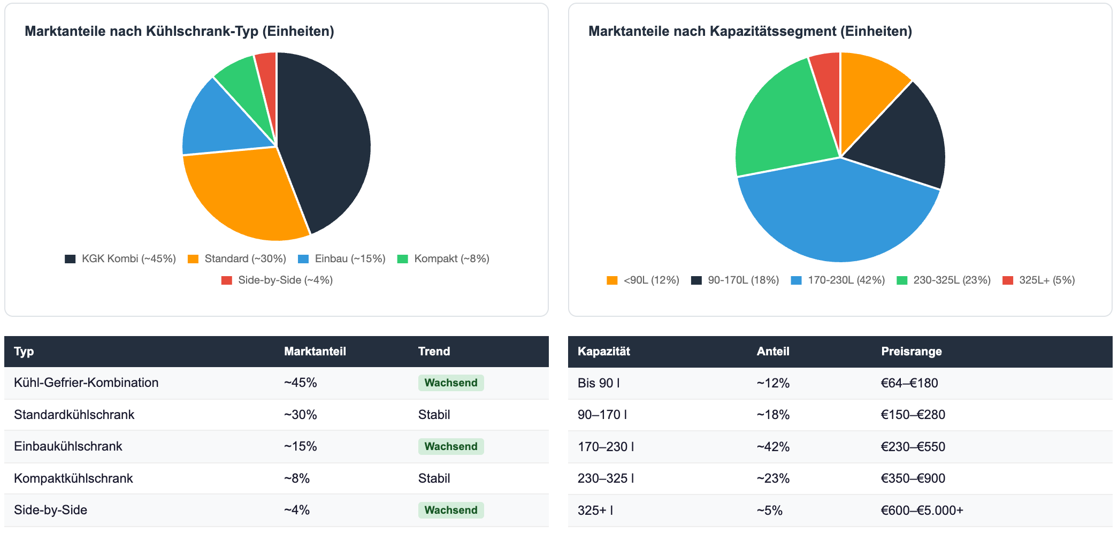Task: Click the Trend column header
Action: click(x=434, y=352)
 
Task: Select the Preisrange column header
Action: click(x=911, y=352)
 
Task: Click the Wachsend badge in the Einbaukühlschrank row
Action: click(x=451, y=447)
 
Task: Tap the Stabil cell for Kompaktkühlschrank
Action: click(x=434, y=478)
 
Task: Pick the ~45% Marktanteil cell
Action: click(x=300, y=383)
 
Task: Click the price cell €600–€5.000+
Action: click(x=922, y=511)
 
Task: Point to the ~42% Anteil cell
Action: click(x=773, y=447)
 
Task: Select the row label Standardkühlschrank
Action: click(x=74, y=415)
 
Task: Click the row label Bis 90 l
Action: click(x=599, y=383)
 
